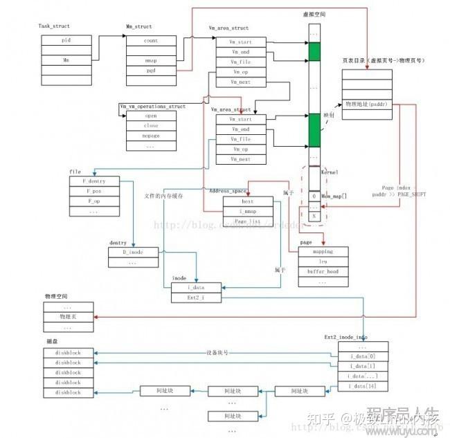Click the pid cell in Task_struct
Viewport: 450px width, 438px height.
click(66, 41)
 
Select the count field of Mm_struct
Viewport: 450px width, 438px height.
click(150, 41)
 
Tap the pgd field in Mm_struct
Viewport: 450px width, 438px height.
click(150, 71)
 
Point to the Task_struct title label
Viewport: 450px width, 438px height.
click(55, 26)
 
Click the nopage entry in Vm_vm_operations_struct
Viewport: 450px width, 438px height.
click(150, 136)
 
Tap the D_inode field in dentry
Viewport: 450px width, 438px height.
click(134, 252)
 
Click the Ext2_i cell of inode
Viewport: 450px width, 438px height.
click(197, 297)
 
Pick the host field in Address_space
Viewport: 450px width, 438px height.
click(248, 201)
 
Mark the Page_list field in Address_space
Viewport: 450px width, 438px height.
click(248, 221)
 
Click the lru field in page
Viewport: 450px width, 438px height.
click(323, 262)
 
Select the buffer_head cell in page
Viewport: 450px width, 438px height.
click(323, 272)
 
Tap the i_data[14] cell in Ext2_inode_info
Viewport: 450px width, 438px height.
click(363, 385)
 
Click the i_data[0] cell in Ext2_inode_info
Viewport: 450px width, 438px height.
click(363, 356)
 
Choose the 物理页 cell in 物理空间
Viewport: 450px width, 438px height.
click(66, 316)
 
